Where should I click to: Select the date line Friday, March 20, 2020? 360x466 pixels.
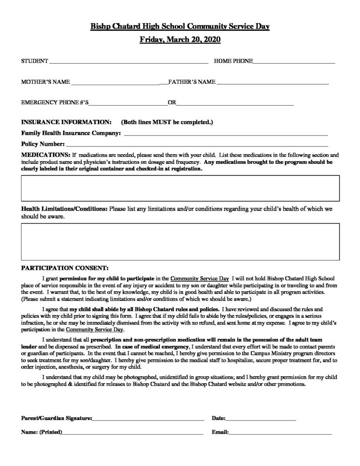point(180,40)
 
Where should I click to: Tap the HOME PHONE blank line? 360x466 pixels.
point(294,61)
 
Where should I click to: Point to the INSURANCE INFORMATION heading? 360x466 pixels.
point(66,122)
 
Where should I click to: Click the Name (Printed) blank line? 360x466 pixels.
point(132,433)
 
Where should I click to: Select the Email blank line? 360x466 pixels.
point(280,433)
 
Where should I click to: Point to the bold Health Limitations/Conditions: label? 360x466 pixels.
point(64,209)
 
